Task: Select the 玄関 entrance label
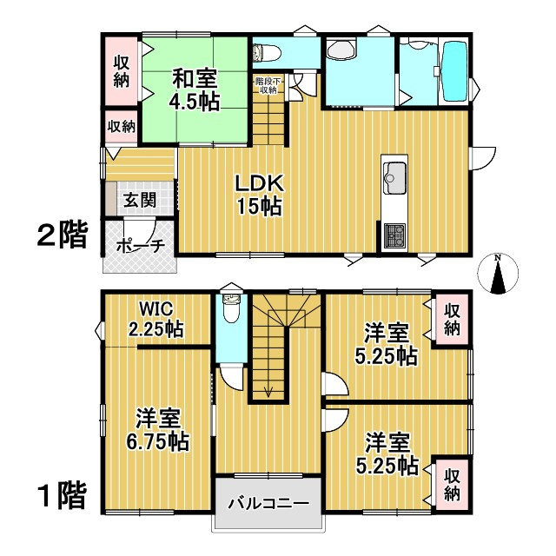point(138,200)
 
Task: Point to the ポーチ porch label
point(140,246)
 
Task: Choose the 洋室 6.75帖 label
point(156,429)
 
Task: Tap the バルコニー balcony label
point(268,504)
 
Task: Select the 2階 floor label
point(61,235)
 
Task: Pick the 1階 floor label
point(61,497)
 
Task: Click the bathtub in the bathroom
point(455,70)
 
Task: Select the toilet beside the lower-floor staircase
point(230,310)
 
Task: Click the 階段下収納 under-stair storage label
point(266,84)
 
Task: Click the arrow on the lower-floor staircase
point(269,387)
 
